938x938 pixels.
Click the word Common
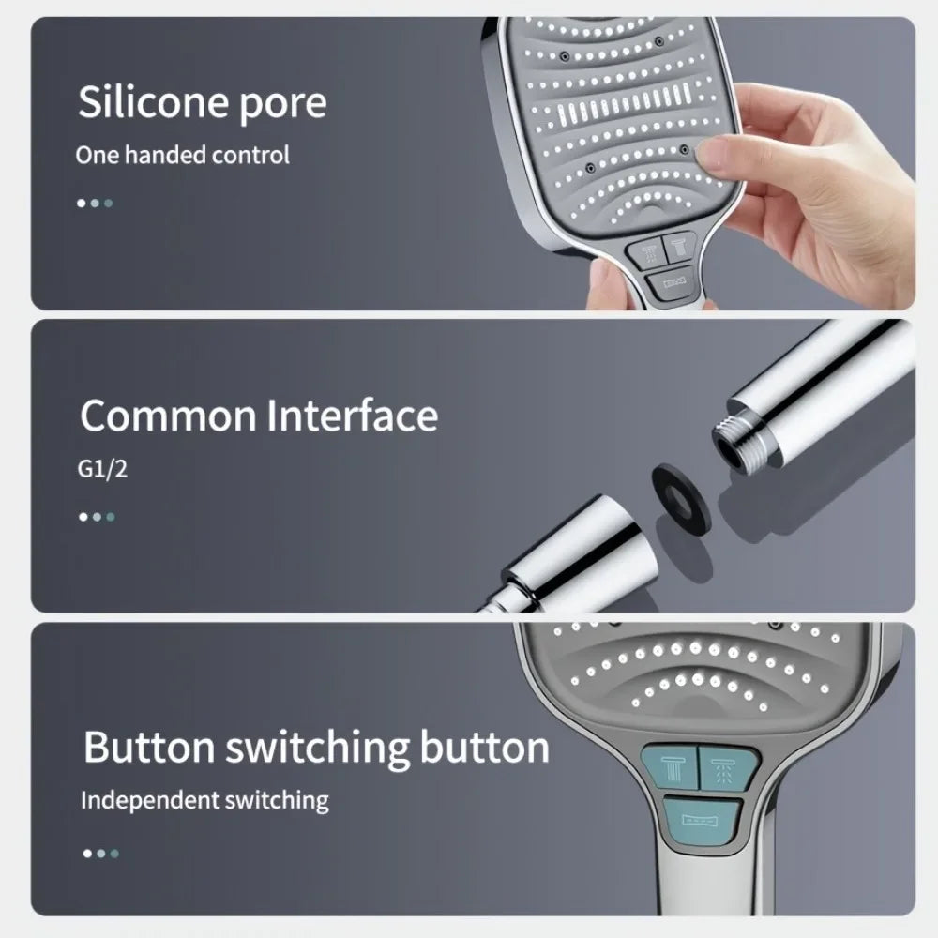(x=166, y=415)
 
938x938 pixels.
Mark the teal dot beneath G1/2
(x=111, y=516)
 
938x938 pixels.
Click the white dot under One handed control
(x=82, y=202)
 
